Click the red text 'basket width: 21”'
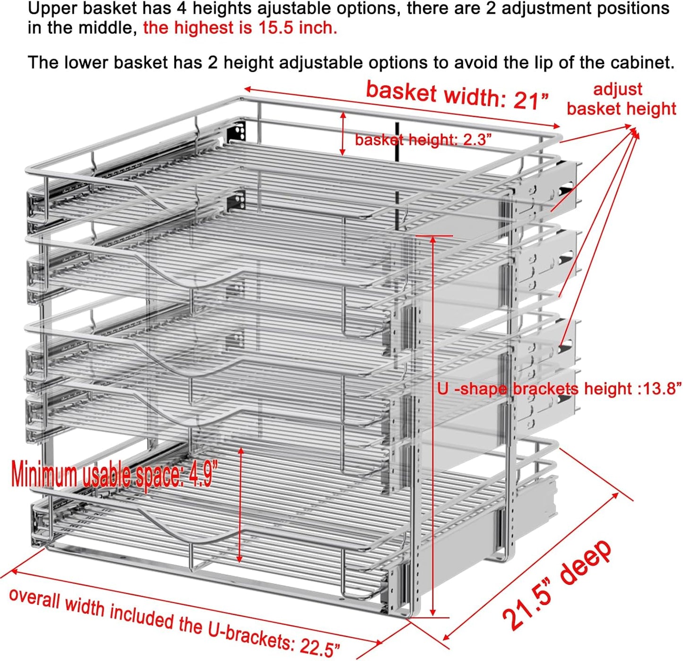click(457, 96)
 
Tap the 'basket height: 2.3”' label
click(423, 140)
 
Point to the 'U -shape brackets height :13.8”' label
click(559, 389)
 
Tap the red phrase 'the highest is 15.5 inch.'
click(240, 28)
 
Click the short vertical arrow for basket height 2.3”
click(343, 134)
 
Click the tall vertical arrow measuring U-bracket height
click(433, 426)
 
